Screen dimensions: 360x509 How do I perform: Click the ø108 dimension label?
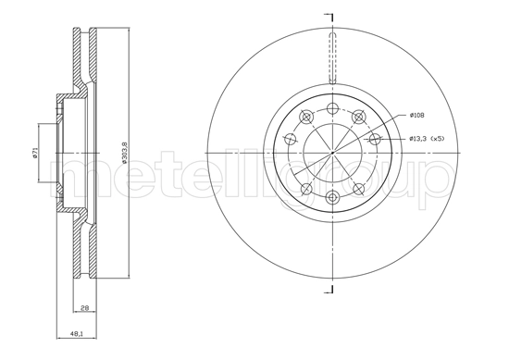pos(418,116)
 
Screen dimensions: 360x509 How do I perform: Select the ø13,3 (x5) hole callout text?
pos(428,139)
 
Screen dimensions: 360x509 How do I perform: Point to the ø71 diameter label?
pos(33,153)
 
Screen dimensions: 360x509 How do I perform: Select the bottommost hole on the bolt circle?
pos(331,195)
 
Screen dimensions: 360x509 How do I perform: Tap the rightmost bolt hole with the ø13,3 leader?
pos(374,139)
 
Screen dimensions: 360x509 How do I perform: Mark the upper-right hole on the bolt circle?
pos(357,116)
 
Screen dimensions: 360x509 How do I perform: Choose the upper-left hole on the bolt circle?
pos(305,116)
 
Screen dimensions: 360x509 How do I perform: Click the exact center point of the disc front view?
pos(331,153)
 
